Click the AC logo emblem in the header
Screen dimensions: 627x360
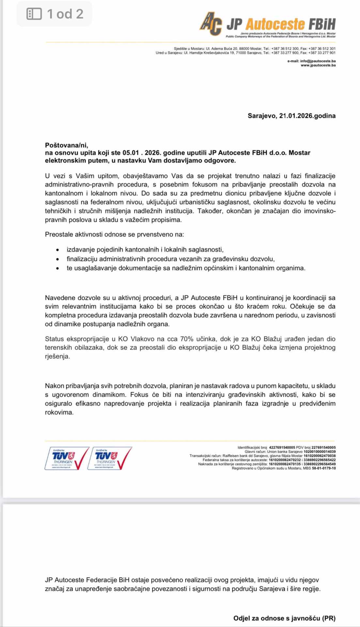pos(211,23)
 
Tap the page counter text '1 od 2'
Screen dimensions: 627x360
pos(65,14)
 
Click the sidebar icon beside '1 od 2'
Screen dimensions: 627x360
pos(34,14)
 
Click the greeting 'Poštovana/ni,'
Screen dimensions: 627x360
pos(67,145)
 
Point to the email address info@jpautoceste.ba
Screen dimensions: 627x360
pos(318,61)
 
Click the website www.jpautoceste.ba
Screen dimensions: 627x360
pos(318,65)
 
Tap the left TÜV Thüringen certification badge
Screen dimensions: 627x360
pos(67,458)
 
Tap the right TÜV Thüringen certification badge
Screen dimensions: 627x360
pos(109,458)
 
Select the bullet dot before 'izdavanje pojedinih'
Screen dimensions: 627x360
pos(58,250)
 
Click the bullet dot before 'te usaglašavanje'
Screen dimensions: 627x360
pos(58,268)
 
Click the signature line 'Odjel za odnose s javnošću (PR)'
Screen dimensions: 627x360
pos(284,618)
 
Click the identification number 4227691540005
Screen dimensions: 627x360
pos(282,447)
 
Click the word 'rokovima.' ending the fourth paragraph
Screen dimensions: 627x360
pos(59,412)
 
